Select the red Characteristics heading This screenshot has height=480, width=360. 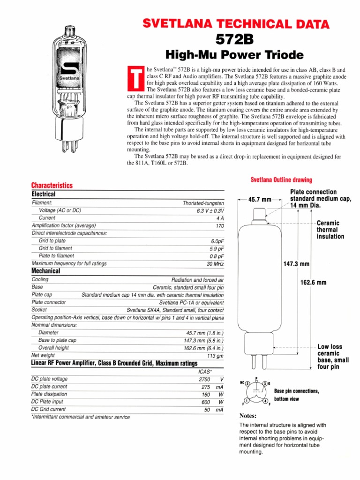point(52,186)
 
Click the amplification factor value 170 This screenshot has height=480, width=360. point(219,226)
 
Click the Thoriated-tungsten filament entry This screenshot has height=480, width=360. point(203,203)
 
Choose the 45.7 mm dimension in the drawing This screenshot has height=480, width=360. point(260,199)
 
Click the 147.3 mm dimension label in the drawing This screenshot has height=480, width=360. point(297,264)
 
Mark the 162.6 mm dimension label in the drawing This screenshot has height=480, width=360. point(313,283)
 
